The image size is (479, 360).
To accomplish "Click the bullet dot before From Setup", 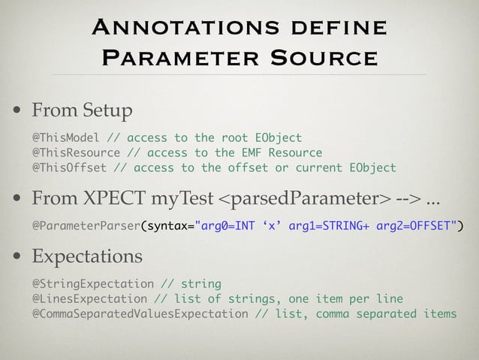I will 18,111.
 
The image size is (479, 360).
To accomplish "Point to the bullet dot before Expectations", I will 18,257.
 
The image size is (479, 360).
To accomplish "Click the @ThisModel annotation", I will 66,138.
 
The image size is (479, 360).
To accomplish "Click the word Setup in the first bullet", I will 105,111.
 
